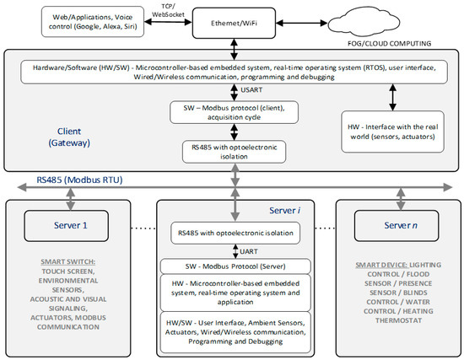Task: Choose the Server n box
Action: (392, 226)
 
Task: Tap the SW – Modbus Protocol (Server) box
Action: (232, 266)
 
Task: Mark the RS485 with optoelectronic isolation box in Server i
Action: (232, 229)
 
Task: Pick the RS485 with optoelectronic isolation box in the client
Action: (232, 150)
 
